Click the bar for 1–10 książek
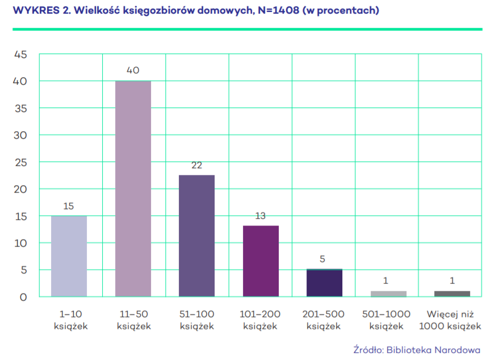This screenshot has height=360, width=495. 69,256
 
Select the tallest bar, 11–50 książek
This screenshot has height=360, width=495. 133,189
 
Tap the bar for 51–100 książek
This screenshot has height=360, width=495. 197,236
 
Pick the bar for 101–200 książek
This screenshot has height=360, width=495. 261,261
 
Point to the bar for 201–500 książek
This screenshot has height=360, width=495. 324,283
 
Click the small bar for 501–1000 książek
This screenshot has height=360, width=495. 388,294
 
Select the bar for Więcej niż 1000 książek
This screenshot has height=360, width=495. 452,294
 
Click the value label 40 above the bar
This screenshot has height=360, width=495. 133,70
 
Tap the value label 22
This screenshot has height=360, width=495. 197,165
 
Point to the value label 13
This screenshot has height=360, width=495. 261,216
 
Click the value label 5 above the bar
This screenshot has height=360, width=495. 322,259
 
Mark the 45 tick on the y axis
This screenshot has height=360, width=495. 20,55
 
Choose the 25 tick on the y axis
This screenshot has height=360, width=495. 20,162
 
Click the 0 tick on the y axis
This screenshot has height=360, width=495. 23,297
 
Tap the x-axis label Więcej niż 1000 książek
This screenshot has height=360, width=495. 452,320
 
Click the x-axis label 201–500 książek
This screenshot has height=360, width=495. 324,320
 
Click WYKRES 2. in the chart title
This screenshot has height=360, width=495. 36,11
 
